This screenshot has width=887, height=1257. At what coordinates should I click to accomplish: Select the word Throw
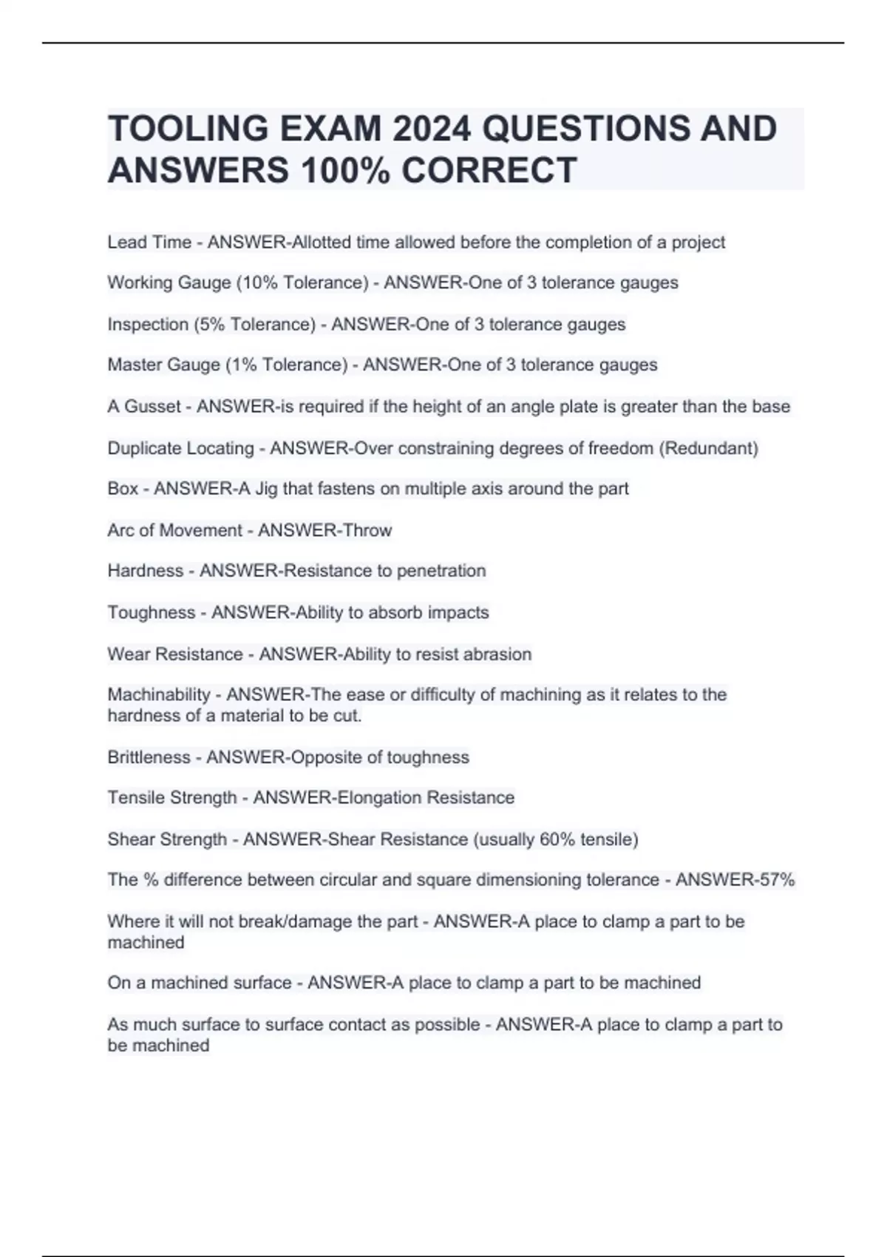pyautogui.click(x=367, y=530)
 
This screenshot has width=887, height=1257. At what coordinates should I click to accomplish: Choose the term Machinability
pyautogui.click(x=159, y=695)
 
